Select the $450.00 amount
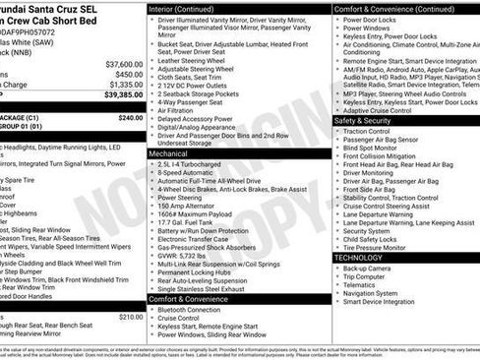[x=128, y=74]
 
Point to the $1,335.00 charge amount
[x=123, y=86]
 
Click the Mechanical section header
[x=168, y=154]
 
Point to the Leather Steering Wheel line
[x=195, y=61]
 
